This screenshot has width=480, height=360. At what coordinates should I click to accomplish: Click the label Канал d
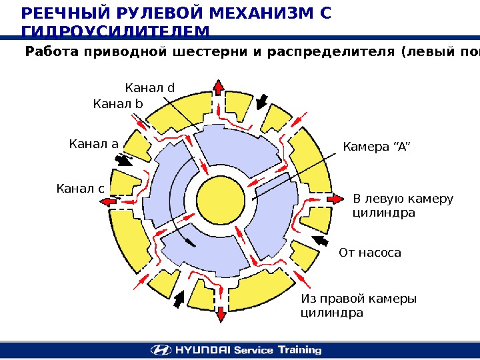tap(149, 88)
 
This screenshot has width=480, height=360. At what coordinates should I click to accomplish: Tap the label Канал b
tap(118, 103)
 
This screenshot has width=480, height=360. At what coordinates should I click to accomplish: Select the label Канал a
tap(93, 144)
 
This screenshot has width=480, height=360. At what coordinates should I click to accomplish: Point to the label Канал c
tap(80, 189)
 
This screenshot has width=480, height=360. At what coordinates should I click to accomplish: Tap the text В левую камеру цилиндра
tap(402, 206)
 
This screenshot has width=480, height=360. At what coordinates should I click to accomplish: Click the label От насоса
tap(370, 253)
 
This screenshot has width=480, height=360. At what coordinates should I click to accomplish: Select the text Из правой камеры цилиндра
tap(359, 305)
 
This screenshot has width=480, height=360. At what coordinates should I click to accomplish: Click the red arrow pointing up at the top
tap(218, 88)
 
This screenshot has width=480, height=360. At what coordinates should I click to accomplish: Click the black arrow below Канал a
tap(123, 161)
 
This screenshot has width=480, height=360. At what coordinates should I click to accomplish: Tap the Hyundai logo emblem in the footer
tap(160, 349)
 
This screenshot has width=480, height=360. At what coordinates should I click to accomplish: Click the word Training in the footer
tap(299, 349)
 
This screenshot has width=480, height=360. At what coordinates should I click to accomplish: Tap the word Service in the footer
tap(254, 349)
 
